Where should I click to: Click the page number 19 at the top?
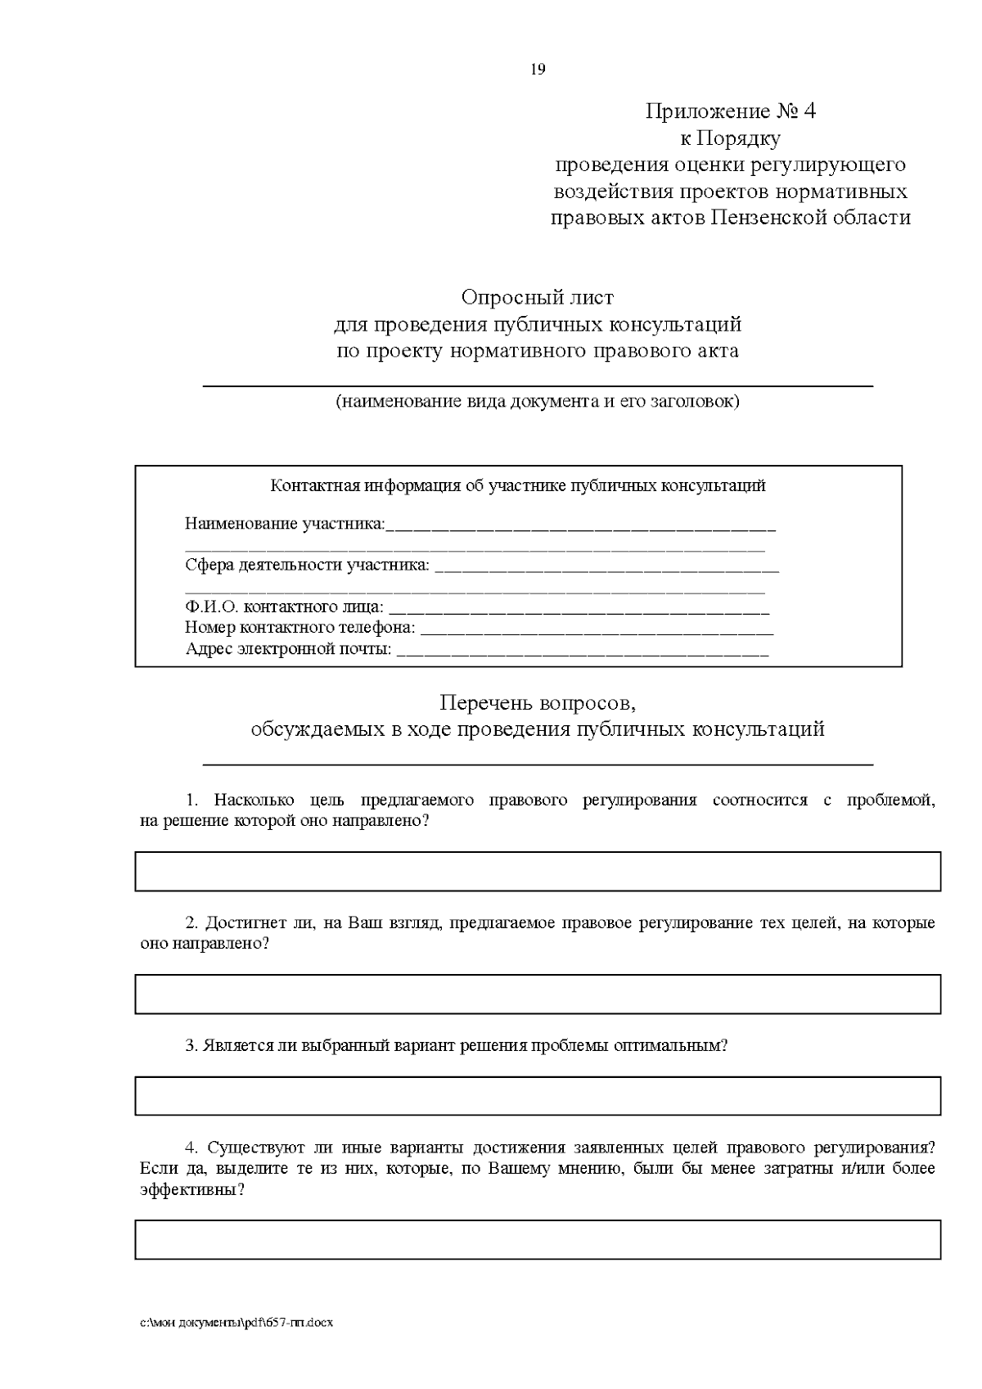pyautogui.click(x=538, y=70)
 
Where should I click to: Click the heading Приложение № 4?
pyautogui.click(x=730, y=111)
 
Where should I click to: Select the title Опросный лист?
pyautogui.click(x=537, y=297)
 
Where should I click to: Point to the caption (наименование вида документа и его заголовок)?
pyautogui.click(x=537, y=402)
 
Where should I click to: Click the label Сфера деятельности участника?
pyautogui.click(x=307, y=565)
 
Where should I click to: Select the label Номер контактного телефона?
pyautogui.click(x=300, y=628)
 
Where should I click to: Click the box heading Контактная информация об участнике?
pyautogui.click(x=518, y=486)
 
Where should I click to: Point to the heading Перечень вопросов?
pyautogui.click(x=537, y=703)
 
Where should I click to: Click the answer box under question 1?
pyautogui.click(x=537, y=872)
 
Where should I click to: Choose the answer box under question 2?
pyautogui.click(x=537, y=994)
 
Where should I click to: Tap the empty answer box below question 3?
pyautogui.click(x=537, y=1095)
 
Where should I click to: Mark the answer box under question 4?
pyautogui.click(x=537, y=1239)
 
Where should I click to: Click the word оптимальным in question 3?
pyautogui.click(x=677, y=1046)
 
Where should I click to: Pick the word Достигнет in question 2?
pyautogui.click(x=242, y=923)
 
